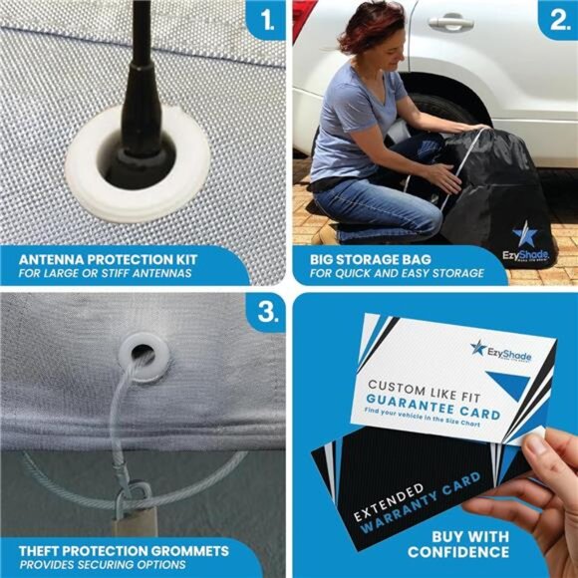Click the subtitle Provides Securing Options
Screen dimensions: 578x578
click(x=95, y=565)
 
